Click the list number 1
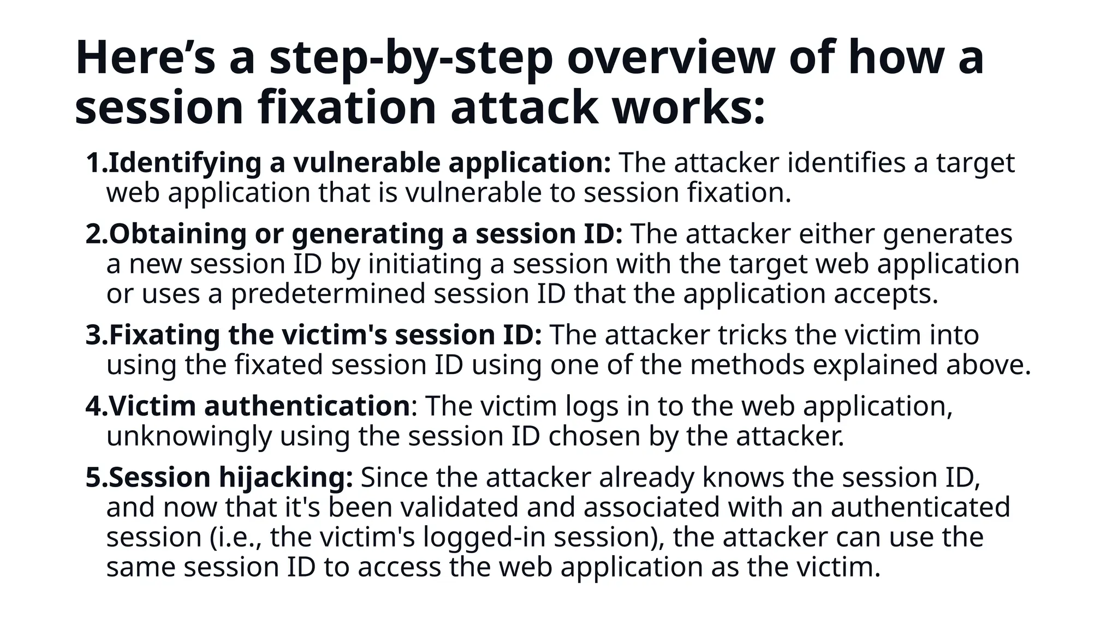(x=94, y=163)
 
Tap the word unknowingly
(x=189, y=436)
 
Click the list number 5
(x=94, y=477)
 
